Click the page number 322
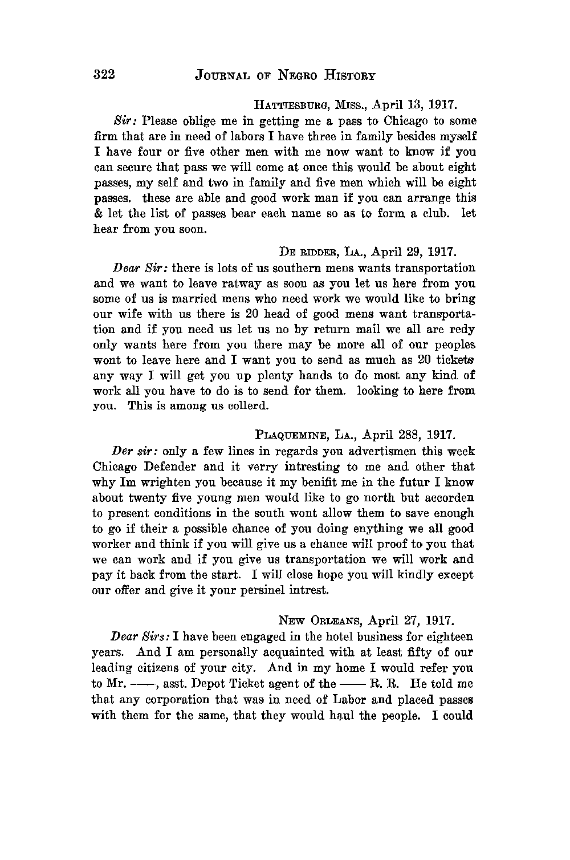point(104,75)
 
